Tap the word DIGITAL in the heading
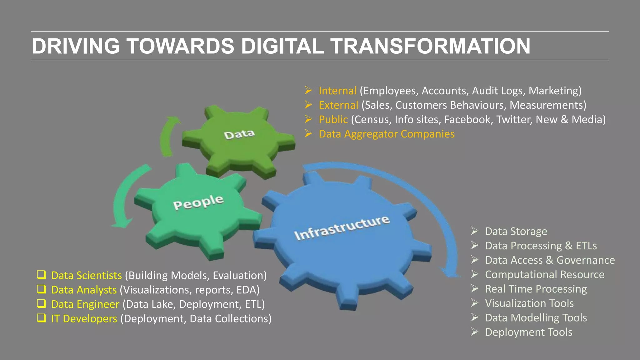[x=282, y=46]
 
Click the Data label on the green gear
[x=239, y=134]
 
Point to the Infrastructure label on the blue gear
[x=342, y=228]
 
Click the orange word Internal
[x=337, y=91]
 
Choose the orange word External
[x=338, y=105]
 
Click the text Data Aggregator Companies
[x=387, y=134]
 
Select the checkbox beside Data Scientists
[x=41, y=275]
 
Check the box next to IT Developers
[x=41, y=318]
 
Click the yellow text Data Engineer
[x=85, y=304]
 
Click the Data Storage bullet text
[x=516, y=231]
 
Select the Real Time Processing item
[x=536, y=289]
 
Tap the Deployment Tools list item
[x=528, y=332]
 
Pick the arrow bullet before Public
[x=308, y=119]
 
